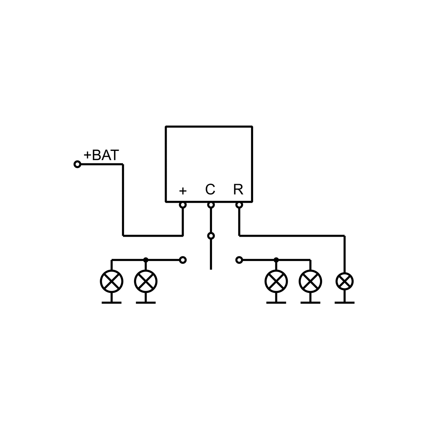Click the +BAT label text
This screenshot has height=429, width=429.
(101, 155)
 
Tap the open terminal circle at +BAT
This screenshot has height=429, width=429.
(77, 164)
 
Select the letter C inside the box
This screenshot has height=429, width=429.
(210, 189)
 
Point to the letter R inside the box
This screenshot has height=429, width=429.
(238, 189)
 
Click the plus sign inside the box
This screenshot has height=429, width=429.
(183, 191)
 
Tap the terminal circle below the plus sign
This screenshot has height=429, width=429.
(183, 205)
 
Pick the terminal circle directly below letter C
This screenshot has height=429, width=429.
(211, 205)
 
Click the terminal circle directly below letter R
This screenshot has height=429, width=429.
(239, 205)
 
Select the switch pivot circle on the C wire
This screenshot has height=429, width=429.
(211, 236)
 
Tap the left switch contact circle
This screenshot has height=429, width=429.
(183, 260)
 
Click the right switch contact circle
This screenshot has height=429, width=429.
(239, 260)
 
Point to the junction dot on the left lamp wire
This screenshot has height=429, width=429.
(146, 260)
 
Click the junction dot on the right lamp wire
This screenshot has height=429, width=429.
(276, 260)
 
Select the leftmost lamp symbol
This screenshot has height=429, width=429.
(112, 281)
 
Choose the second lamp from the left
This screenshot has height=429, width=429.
(146, 281)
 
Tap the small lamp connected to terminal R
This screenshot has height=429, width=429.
(344, 281)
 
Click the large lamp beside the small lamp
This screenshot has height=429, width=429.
(310, 281)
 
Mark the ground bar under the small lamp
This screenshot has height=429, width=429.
(344, 302)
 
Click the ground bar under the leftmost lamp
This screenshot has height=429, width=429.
(112, 302)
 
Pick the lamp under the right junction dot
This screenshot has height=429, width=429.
(276, 281)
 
